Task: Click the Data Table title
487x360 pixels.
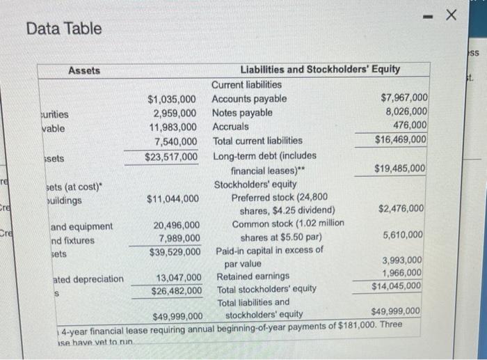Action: coord(64,29)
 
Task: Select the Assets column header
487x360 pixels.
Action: coord(84,70)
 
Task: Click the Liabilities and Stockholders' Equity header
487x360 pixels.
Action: coord(319,70)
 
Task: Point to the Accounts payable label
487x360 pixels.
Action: coord(248,99)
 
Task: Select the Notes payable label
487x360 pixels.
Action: coord(242,113)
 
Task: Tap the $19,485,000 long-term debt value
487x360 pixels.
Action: coord(400,169)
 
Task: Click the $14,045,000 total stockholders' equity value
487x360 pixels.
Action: coord(397,285)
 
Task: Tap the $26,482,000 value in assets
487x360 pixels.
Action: coord(177,290)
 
